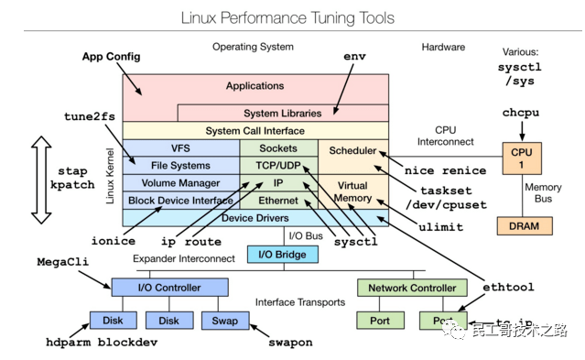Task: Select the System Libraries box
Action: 282,114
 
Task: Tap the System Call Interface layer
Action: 255,131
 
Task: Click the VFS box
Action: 180,148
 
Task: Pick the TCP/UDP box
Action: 277,166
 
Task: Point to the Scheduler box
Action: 352,150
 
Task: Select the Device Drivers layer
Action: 255,218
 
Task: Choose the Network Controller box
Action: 412,288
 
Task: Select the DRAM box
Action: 524,225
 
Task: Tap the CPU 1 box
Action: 522,158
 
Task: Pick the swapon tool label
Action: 289,343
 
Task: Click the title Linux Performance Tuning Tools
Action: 287,17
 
